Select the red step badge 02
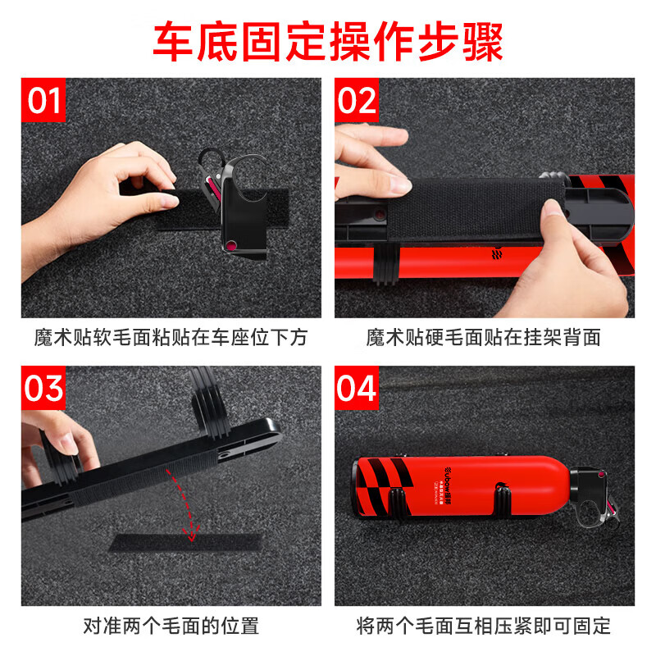point(357,101)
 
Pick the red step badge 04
point(357,388)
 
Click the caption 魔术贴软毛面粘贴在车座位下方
point(171,337)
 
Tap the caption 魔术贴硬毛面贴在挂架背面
point(484,337)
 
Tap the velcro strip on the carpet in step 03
point(184,546)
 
